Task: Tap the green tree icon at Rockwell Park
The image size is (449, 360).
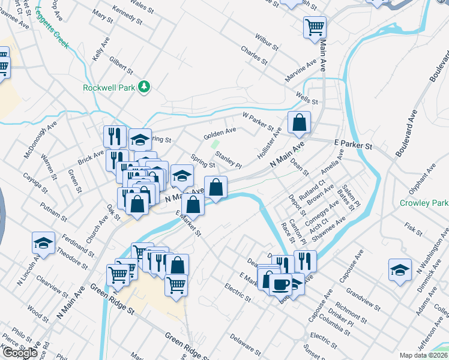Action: click(x=144, y=88)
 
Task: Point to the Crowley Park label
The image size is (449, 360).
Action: click(x=424, y=203)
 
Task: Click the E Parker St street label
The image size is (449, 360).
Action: click(x=353, y=146)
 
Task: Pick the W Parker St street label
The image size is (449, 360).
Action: click(x=258, y=121)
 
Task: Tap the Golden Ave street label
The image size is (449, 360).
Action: click(x=220, y=131)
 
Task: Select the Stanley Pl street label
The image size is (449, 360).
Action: click(x=228, y=161)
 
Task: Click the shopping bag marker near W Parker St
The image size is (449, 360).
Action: click(x=299, y=122)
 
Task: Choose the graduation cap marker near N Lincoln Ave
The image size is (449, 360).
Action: click(x=43, y=242)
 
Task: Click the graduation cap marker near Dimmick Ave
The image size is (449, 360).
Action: click(x=400, y=269)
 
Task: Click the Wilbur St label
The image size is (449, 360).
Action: click(x=267, y=42)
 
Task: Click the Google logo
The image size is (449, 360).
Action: click(x=20, y=353)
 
